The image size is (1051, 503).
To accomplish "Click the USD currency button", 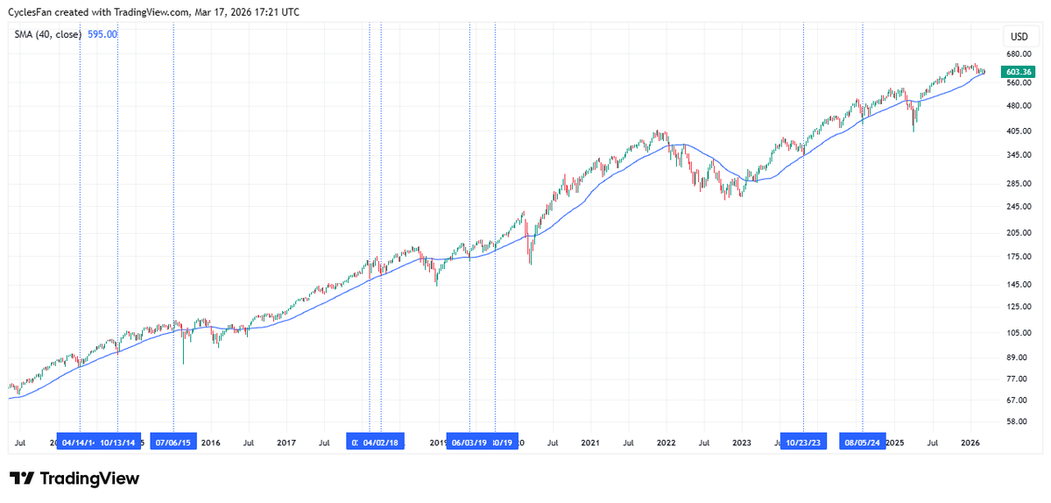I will point(1019,37).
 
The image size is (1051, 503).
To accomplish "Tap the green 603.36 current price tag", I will point(1019,72).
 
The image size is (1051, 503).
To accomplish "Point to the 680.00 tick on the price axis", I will point(1018,54).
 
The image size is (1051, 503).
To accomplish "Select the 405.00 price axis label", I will point(1018,131).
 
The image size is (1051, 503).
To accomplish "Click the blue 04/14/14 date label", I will point(79,443).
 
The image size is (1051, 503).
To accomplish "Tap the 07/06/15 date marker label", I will point(173,443).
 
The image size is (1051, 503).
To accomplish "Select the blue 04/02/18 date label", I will point(381,443).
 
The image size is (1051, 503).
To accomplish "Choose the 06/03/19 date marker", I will point(469,443).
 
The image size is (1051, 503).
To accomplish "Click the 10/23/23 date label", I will point(803,443).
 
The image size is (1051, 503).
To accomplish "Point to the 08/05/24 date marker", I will point(863,443).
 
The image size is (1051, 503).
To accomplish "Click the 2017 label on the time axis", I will point(286,443).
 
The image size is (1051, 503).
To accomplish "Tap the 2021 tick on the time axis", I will point(590,443).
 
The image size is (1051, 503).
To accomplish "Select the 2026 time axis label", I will point(970,443).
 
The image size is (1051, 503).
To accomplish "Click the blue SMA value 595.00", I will point(102,34).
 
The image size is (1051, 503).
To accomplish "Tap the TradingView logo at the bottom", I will point(74,478).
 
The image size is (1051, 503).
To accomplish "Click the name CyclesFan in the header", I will point(31,11).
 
